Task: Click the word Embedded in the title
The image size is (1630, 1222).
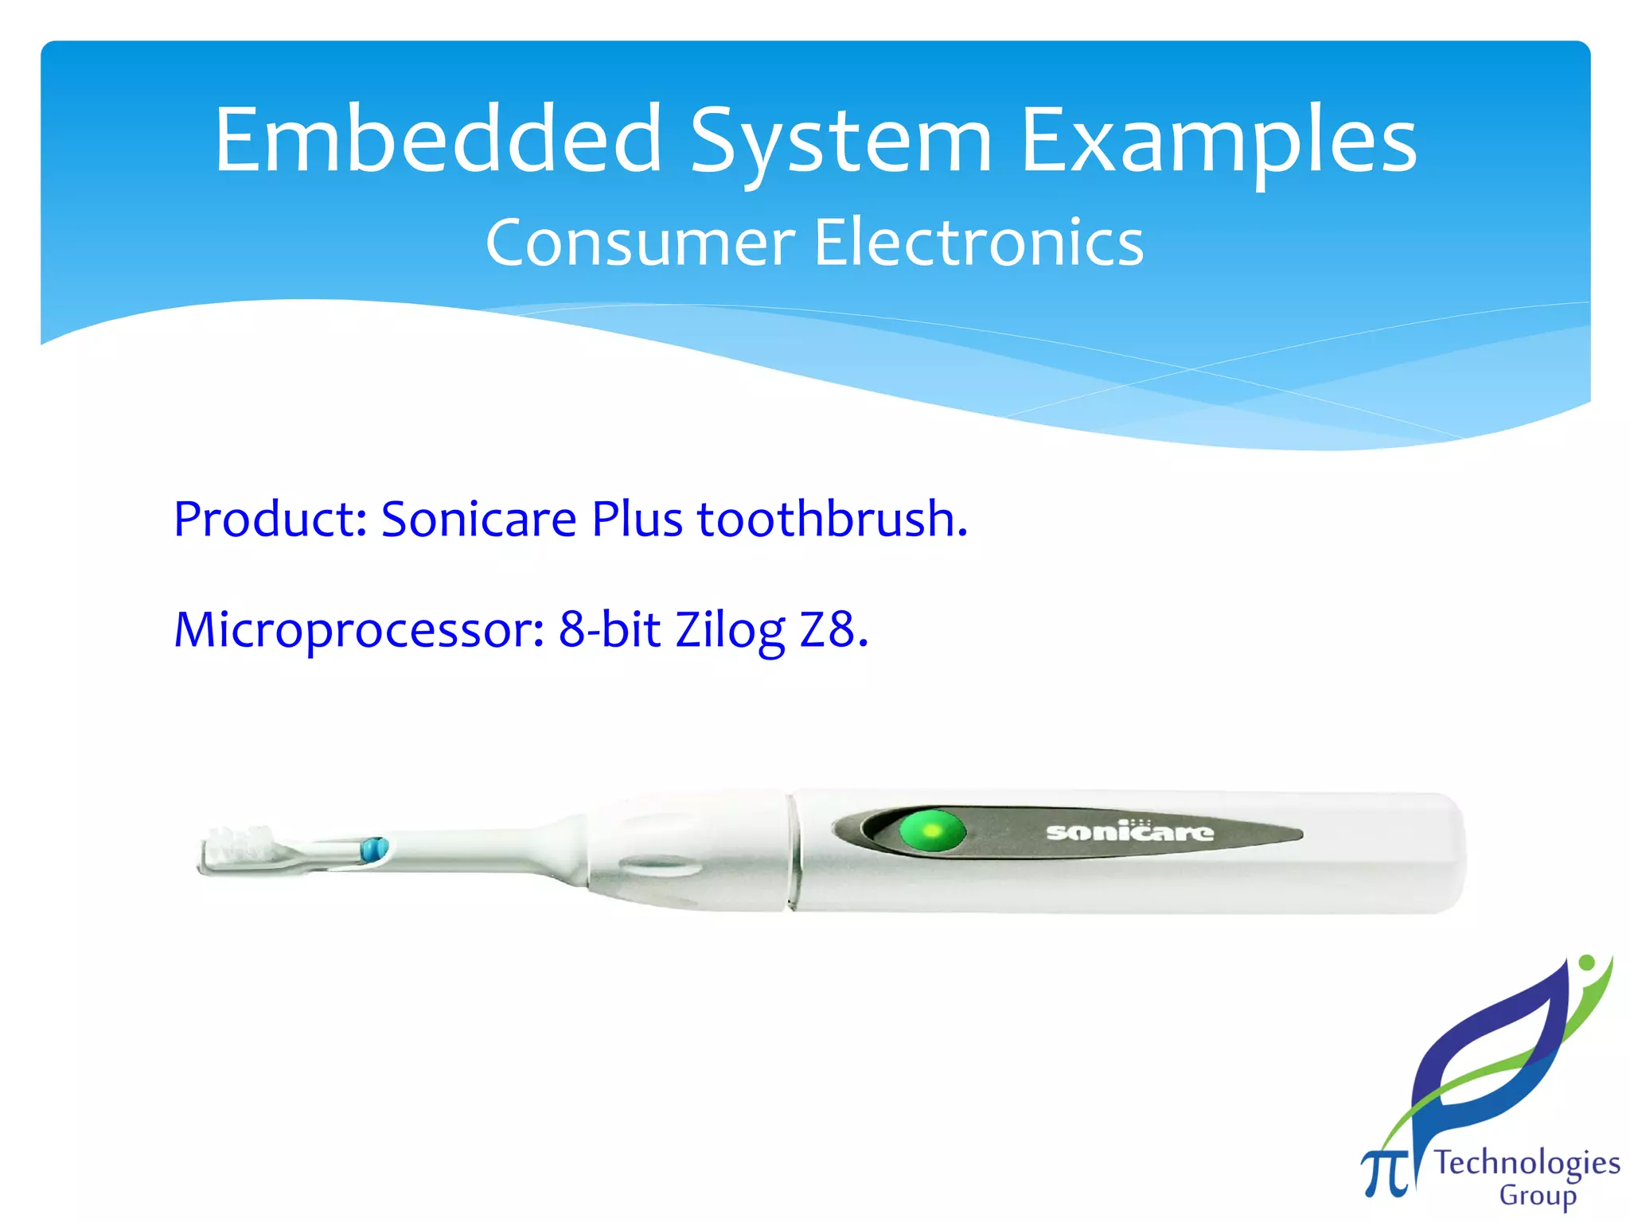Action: pyautogui.click(x=438, y=140)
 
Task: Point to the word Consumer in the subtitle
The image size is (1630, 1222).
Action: pyautogui.click(x=640, y=243)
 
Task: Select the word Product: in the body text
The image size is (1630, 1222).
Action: pyautogui.click(x=269, y=520)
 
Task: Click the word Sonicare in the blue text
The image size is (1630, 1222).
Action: pyautogui.click(x=478, y=520)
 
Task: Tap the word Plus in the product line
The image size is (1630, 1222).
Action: pyautogui.click(x=637, y=520)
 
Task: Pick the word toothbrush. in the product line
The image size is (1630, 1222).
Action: pyautogui.click(x=833, y=520)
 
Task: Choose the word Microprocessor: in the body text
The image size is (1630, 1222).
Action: pyautogui.click(x=359, y=630)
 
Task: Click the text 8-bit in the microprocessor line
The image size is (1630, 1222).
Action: pyautogui.click(x=610, y=629)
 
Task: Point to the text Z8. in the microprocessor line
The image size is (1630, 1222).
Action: pyautogui.click(x=834, y=630)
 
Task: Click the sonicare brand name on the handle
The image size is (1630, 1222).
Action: pyautogui.click(x=1129, y=832)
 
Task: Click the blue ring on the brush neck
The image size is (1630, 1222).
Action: pyautogui.click(x=374, y=849)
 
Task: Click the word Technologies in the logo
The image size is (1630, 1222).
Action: pyautogui.click(x=1527, y=1164)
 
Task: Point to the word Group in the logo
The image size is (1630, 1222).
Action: pyautogui.click(x=1537, y=1196)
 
